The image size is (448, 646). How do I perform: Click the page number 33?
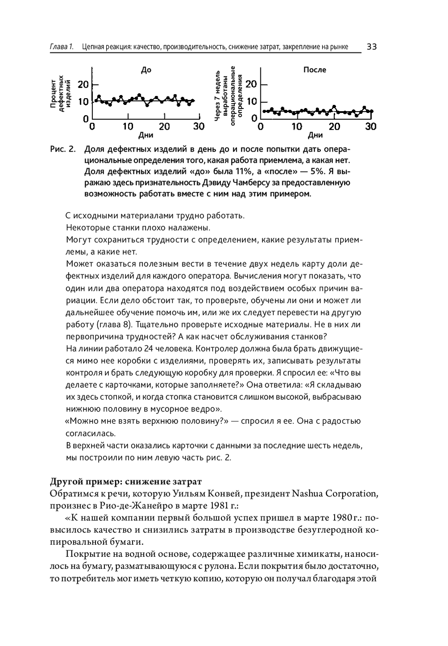click(x=371, y=47)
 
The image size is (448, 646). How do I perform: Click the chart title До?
click(x=146, y=70)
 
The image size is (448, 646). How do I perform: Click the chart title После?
click(x=314, y=70)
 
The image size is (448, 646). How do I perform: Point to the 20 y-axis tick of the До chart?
click(x=83, y=84)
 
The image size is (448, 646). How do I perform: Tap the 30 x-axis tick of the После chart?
click(x=370, y=126)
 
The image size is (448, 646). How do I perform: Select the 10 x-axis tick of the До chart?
click(x=128, y=126)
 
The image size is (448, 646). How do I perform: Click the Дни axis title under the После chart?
click(x=315, y=135)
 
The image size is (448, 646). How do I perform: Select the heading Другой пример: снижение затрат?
click(x=126, y=481)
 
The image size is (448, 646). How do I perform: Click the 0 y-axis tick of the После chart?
click(x=254, y=118)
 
